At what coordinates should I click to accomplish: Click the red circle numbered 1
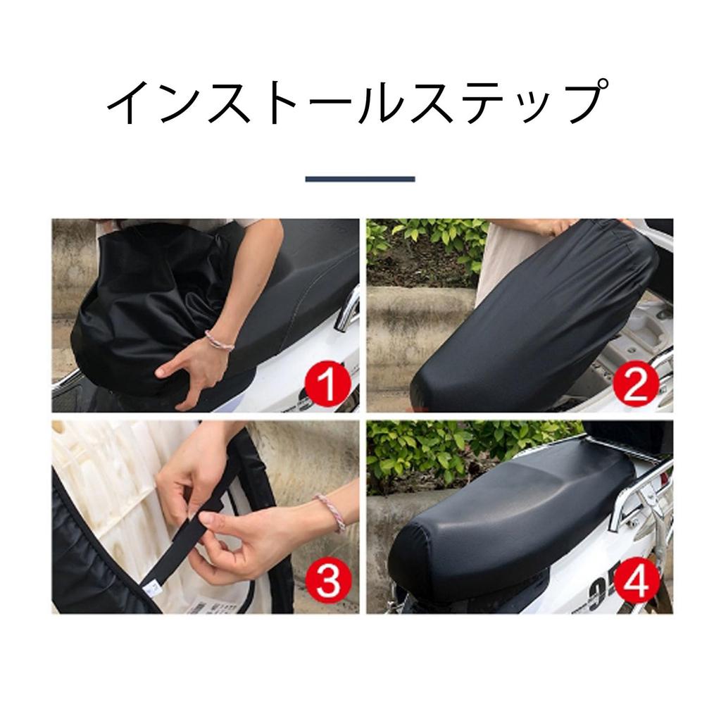(x=328, y=382)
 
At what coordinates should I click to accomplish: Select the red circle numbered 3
(x=328, y=580)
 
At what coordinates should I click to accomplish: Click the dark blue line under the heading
(x=360, y=179)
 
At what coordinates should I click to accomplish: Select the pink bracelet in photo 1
(x=219, y=341)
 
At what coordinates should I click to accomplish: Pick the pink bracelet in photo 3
(x=330, y=513)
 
